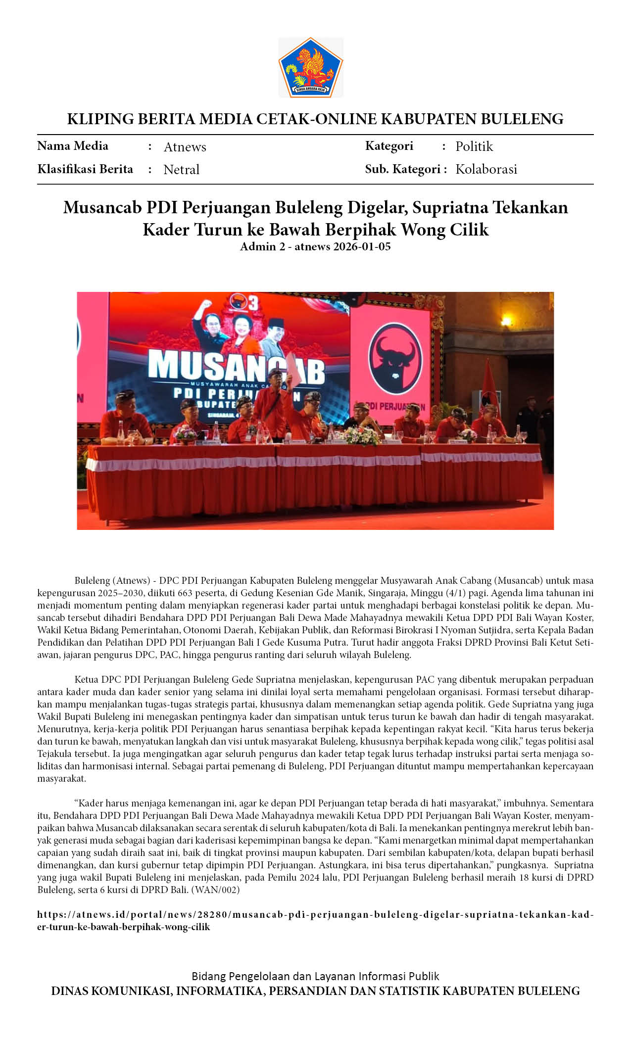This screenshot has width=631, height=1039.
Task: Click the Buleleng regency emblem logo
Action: [311, 67]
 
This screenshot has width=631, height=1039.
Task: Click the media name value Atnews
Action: [185, 147]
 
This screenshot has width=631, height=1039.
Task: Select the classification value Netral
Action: [181, 170]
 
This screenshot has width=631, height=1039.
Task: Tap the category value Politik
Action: [474, 146]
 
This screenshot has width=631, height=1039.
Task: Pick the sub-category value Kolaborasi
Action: [486, 169]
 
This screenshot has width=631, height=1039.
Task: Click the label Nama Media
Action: [73, 146]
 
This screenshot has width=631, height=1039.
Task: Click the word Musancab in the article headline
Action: [102, 207]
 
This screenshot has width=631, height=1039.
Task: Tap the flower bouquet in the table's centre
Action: [362, 435]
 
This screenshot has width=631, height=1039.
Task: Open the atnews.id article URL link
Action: [315, 914]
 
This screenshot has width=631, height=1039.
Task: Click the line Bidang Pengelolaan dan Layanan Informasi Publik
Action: [315, 976]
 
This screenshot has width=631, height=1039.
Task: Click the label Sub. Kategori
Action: [402, 169]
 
